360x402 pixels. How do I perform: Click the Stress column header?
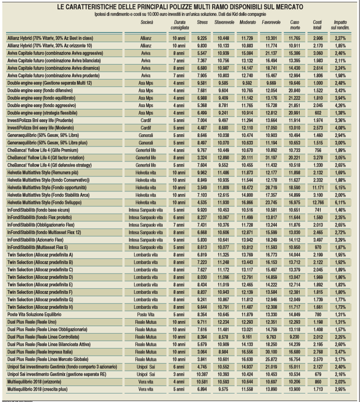pos(202,22)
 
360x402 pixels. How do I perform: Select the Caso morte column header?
pos(295,25)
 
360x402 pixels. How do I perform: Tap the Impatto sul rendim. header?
pos(340,25)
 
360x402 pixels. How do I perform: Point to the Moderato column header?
pos(247,22)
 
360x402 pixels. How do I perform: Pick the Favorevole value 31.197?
pos(271,171)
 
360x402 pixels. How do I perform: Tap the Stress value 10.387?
pos(202,375)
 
